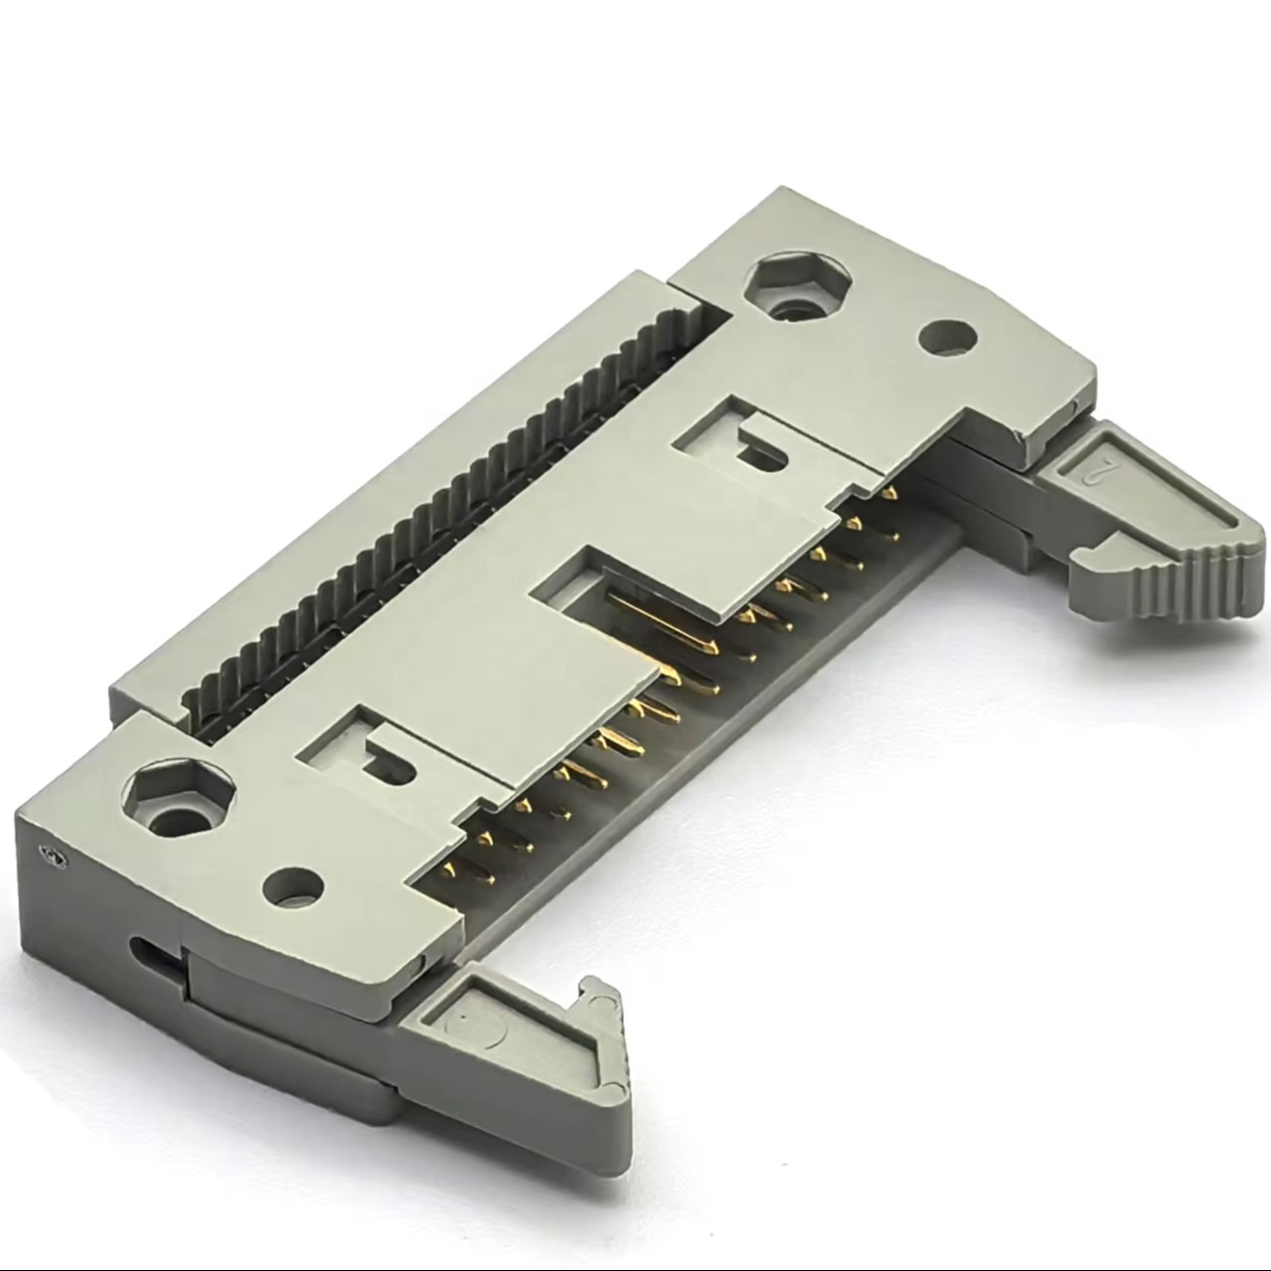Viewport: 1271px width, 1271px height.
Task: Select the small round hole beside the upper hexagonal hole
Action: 947,337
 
